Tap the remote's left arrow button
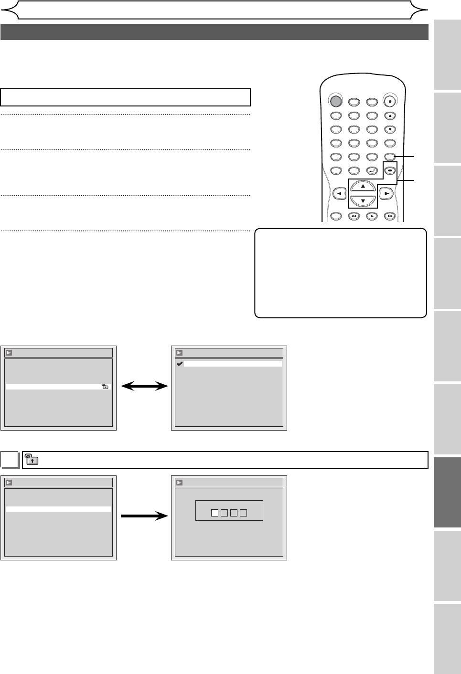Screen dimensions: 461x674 [339, 194]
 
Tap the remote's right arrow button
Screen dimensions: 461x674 [386, 194]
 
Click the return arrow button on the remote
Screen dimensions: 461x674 [372, 170]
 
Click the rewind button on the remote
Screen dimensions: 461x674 [354, 216]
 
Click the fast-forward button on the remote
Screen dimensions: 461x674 [390, 216]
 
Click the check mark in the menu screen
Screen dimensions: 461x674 [180, 364]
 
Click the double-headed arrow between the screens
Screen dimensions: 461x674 [144, 387]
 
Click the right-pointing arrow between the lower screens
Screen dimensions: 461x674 [144, 516]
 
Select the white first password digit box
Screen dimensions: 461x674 [214, 513]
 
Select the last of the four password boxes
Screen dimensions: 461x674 [243, 513]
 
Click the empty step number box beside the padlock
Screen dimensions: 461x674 [9, 460]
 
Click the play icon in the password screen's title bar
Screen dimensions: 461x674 [180, 482]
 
